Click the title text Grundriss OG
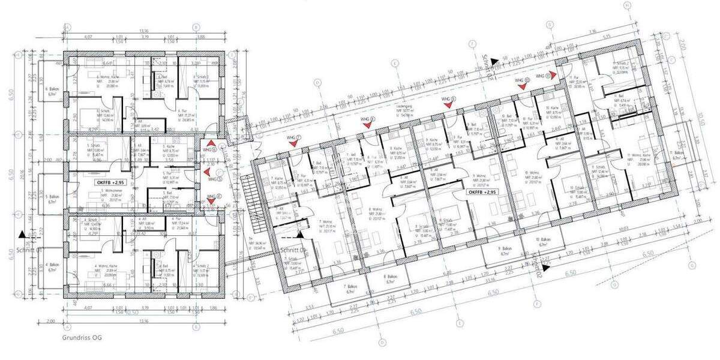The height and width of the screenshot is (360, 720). click(82, 338)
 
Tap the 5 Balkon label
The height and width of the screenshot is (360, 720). click(52, 199)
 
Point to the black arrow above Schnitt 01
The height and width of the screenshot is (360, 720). click(22, 235)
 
